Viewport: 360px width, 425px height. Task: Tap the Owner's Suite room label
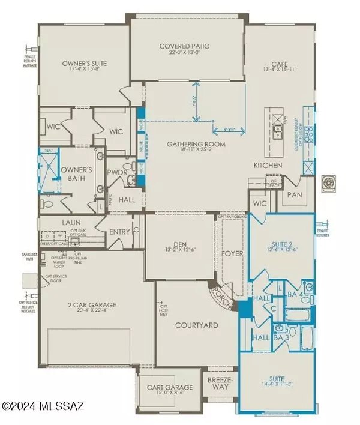click(85, 62)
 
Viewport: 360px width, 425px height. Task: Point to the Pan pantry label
click(294, 194)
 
